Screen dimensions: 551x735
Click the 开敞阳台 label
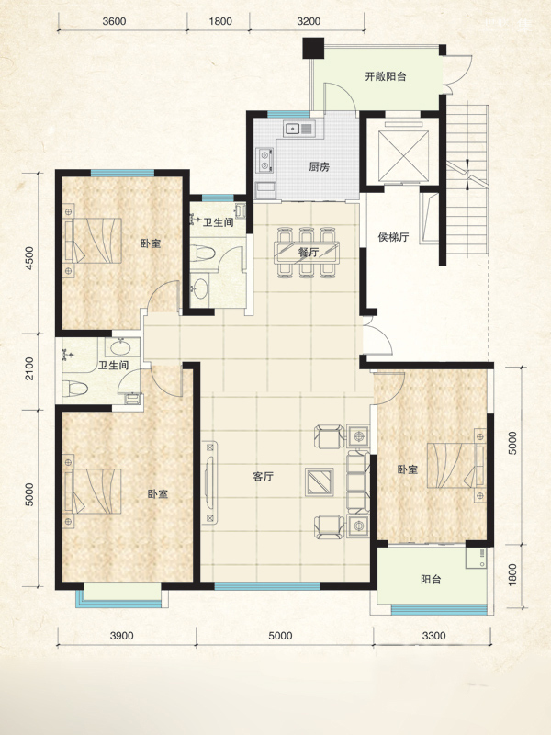coord(385,77)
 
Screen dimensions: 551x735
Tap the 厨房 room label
coord(319,166)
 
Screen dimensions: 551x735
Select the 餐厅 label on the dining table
coord(308,252)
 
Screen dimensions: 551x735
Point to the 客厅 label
coord(263,477)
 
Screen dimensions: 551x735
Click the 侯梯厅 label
coord(393,237)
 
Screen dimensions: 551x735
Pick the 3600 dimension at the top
coord(114,21)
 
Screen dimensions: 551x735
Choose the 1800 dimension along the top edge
coord(220,21)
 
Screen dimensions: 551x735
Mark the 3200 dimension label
coord(309,21)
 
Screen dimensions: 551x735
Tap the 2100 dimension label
coord(30,368)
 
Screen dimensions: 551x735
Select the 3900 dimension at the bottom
coord(122,636)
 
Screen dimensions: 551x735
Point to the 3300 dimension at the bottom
coord(433,636)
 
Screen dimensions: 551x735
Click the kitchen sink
coord(299,128)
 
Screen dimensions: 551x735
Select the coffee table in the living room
coord(319,481)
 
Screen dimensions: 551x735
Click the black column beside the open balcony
coord(313,49)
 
